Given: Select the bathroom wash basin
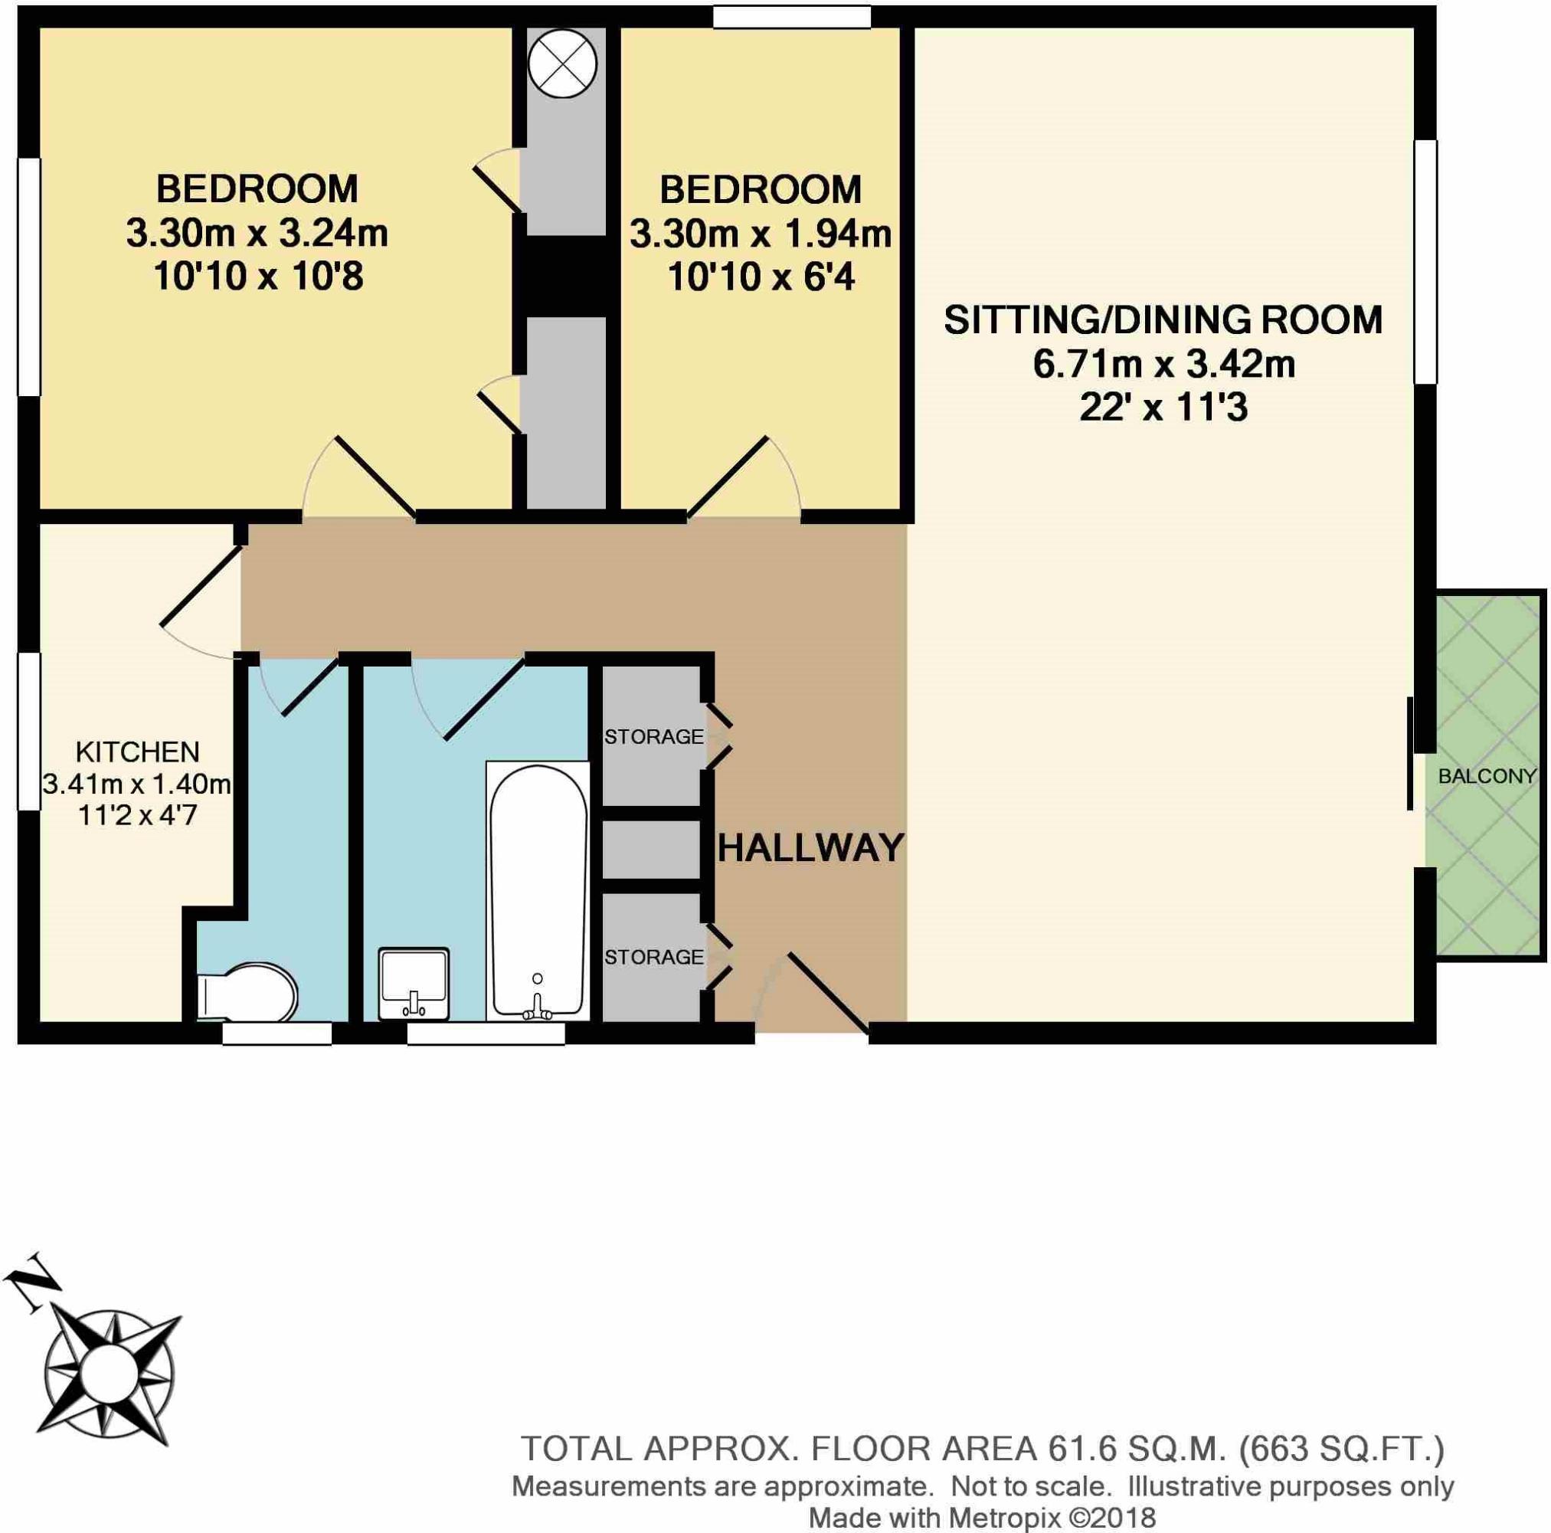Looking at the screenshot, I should coord(414,983).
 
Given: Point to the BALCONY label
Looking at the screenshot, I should coord(1487,777).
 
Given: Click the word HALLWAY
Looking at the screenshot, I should coord(811,848).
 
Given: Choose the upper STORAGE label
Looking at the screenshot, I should coord(653,736).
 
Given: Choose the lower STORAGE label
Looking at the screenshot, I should coord(653,957).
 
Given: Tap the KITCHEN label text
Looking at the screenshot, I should coord(137,752).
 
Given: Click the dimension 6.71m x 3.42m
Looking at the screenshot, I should coord(1163,364).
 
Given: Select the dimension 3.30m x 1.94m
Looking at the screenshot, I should coord(761,234).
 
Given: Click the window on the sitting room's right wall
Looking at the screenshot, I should coord(1425,261).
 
